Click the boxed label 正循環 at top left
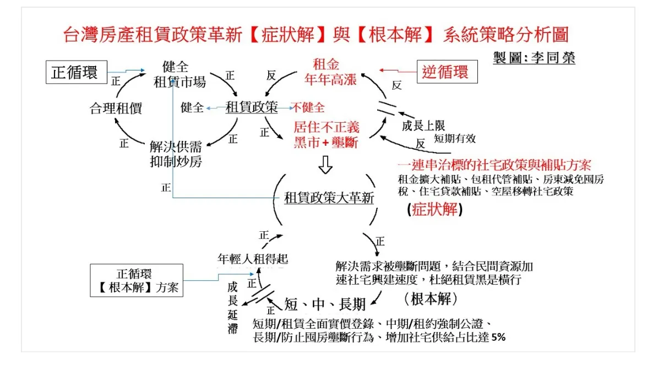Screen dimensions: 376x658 click(75, 73)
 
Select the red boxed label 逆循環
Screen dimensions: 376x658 click(446, 72)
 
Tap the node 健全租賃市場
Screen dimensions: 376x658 click(180, 74)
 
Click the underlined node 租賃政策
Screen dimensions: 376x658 click(251, 107)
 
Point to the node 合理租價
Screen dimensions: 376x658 click(116, 108)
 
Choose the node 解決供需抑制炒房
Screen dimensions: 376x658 click(176, 154)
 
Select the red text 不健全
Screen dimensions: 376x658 click(308, 107)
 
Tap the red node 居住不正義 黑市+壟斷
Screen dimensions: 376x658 click(325, 135)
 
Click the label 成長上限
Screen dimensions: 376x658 click(423, 125)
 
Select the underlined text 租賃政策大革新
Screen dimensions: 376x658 click(329, 198)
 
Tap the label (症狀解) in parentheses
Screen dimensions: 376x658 click(434, 210)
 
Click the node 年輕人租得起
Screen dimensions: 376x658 click(253, 258)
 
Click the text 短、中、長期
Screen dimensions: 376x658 click(325, 303)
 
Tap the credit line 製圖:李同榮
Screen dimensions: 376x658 click(534, 58)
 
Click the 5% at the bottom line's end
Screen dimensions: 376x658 click(498, 337)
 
